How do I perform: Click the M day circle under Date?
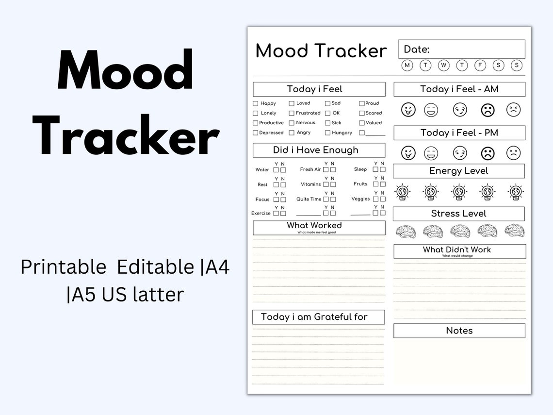(407, 65)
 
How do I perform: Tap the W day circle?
(444, 65)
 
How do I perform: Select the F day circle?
(480, 65)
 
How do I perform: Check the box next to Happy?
(256, 103)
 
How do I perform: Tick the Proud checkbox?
(362, 103)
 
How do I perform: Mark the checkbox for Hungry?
(328, 133)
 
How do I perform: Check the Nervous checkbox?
(292, 123)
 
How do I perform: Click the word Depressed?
(271, 133)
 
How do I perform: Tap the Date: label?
(417, 50)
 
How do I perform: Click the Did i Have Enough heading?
(316, 150)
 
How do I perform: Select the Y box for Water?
(276, 170)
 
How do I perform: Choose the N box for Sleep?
(383, 169)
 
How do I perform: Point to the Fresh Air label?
(310, 169)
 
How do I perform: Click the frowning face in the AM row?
(488, 110)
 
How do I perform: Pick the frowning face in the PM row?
(488, 153)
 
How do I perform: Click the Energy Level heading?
(458, 171)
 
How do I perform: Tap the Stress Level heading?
(458, 214)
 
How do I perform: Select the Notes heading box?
(459, 331)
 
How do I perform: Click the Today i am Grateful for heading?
(314, 317)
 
